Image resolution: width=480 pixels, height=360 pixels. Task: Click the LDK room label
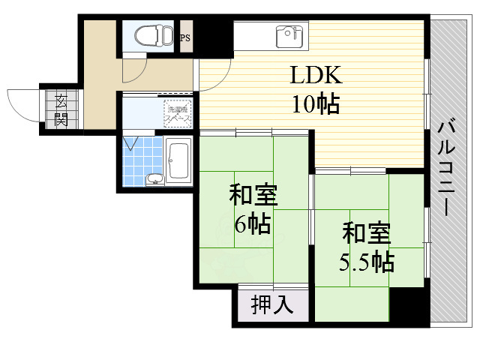[x=316, y=76]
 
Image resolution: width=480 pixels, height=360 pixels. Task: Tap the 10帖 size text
[x=316, y=103]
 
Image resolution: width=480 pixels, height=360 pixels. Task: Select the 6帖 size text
[x=252, y=223]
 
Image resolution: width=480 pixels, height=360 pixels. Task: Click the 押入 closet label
[x=272, y=305]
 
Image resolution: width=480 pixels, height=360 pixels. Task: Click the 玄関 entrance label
[x=58, y=109]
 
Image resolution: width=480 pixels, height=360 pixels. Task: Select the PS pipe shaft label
[x=184, y=34]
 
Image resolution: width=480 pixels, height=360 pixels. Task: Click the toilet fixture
[x=153, y=34]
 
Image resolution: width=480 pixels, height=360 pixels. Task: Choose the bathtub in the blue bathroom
[x=178, y=159]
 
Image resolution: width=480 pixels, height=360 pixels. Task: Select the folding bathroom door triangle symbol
[x=133, y=142]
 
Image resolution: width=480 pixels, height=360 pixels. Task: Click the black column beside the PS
[x=213, y=34]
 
